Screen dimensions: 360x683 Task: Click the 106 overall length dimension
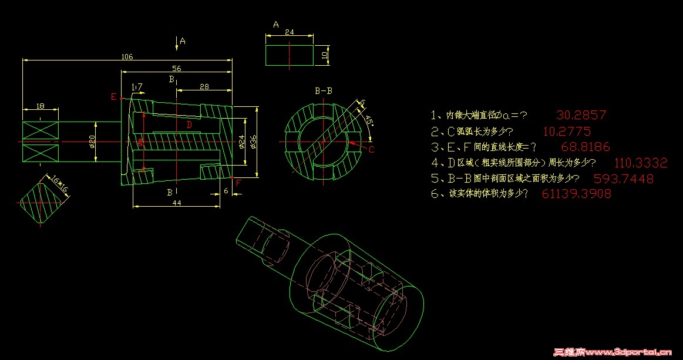pos(127,57)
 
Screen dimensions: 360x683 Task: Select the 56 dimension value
pos(176,69)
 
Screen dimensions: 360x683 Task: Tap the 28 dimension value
pos(204,86)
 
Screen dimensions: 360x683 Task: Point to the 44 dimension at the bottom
pos(177,203)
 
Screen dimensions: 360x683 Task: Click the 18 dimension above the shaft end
pos(40,106)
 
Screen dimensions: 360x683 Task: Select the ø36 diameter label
pos(254,141)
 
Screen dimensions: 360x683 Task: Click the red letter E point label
pos(114,97)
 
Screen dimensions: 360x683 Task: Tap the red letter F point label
pos(238,183)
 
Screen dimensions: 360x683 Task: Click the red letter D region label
pos(189,125)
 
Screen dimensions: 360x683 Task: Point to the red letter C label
pos(371,150)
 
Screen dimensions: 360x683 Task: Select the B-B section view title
pos(324,91)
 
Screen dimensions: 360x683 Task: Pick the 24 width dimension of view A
pos(289,32)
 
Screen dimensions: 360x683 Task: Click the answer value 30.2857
pos(580,115)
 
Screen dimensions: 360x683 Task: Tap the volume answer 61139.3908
pos(576,194)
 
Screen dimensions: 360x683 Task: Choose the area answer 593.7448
pos(623,179)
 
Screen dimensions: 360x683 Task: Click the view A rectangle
pos(290,56)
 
